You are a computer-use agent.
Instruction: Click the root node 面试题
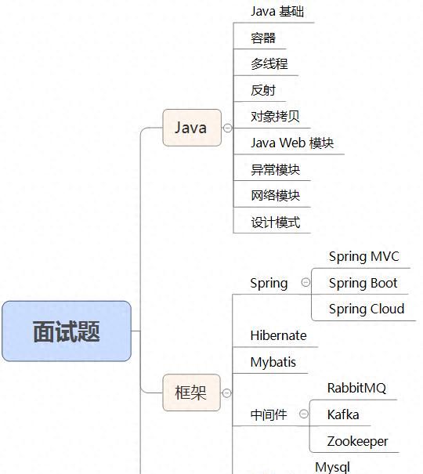tap(67, 331)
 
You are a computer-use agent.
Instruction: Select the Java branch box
tap(190, 128)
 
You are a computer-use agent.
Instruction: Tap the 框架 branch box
tap(190, 393)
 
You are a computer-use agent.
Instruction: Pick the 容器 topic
tap(263, 38)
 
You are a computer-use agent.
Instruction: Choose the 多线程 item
tap(269, 64)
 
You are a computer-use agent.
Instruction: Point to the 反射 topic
tap(263, 90)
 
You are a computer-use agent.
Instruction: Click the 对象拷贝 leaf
tap(275, 117)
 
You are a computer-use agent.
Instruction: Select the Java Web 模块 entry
tap(292, 143)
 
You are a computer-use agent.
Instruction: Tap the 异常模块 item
tap(275, 169)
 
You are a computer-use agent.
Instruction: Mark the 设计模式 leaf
tap(275, 222)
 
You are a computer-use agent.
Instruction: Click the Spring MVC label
tap(363, 256)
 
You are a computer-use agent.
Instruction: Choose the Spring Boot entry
tap(363, 283)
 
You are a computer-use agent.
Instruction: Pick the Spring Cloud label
tap(366, 309)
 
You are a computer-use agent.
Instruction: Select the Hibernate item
tap(278, 335)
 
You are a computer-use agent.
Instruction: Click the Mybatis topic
tap(273, 362)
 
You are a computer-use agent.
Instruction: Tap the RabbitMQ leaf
tap(356, 388)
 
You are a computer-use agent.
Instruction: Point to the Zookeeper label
tap(357, 441)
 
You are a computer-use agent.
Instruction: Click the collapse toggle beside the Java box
tap(227, 128)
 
